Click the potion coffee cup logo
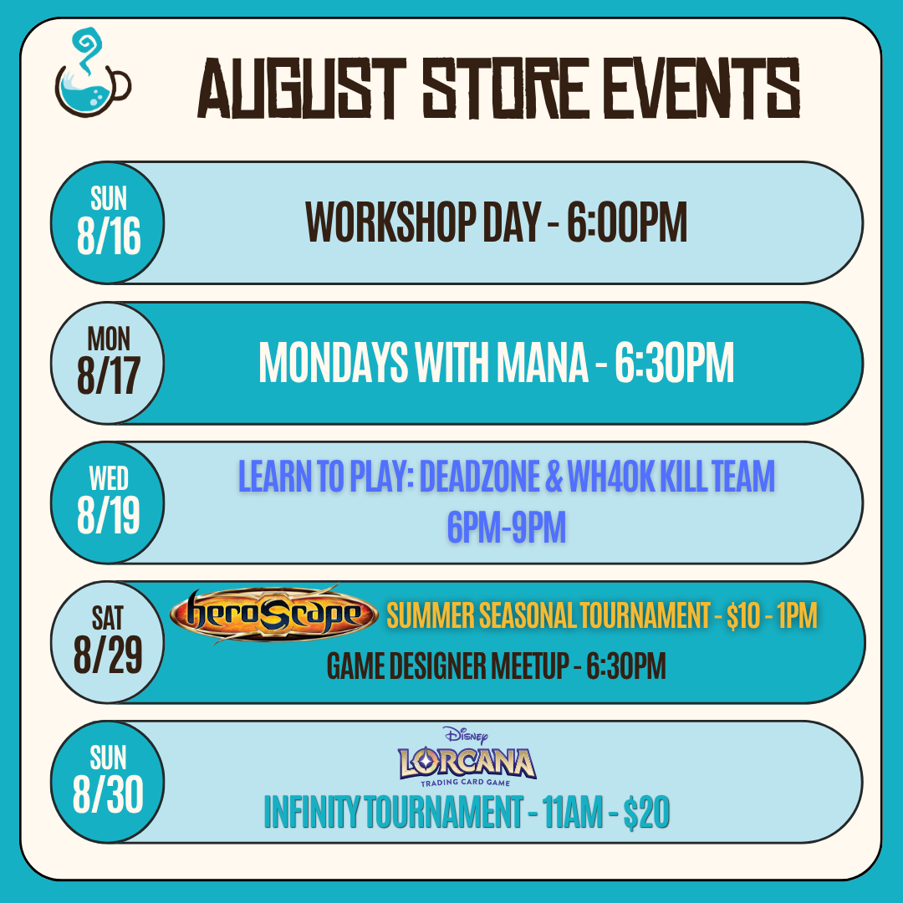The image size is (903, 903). pyautogui.click(x=93, y=73)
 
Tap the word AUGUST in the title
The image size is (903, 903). pyautogui.click(x=302, y=89)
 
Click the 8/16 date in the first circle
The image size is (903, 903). pyautogui.click(x=109, y=237)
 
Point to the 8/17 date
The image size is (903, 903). pyautogui.click(x=109, y=376)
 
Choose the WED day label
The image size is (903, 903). pyautogui.click(x=109, y=478)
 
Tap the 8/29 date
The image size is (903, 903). pyautogui.click(x=108, y=656)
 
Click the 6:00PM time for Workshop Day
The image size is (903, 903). pyautogui.click(x=626, y=222)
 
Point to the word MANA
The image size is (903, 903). pyautogui.click(x=542, y=363)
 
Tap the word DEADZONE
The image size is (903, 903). pyautogui.click(x=479, y=477)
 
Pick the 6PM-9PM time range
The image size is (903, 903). pyautogui.click(x=507, y=527)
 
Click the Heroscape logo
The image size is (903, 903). pyautogui.click(x=273, y=615)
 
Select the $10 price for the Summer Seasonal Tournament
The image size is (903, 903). pyautogui.click(x=743, y=615)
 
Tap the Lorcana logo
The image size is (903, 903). pyautogui.click(x=467, y=756)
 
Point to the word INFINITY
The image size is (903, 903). pyautogui.click(x=312, y=812)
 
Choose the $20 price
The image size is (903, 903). pyautogui.click(x=646, y=813)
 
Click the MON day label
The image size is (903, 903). pyautogui.click(x=109, y=339)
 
